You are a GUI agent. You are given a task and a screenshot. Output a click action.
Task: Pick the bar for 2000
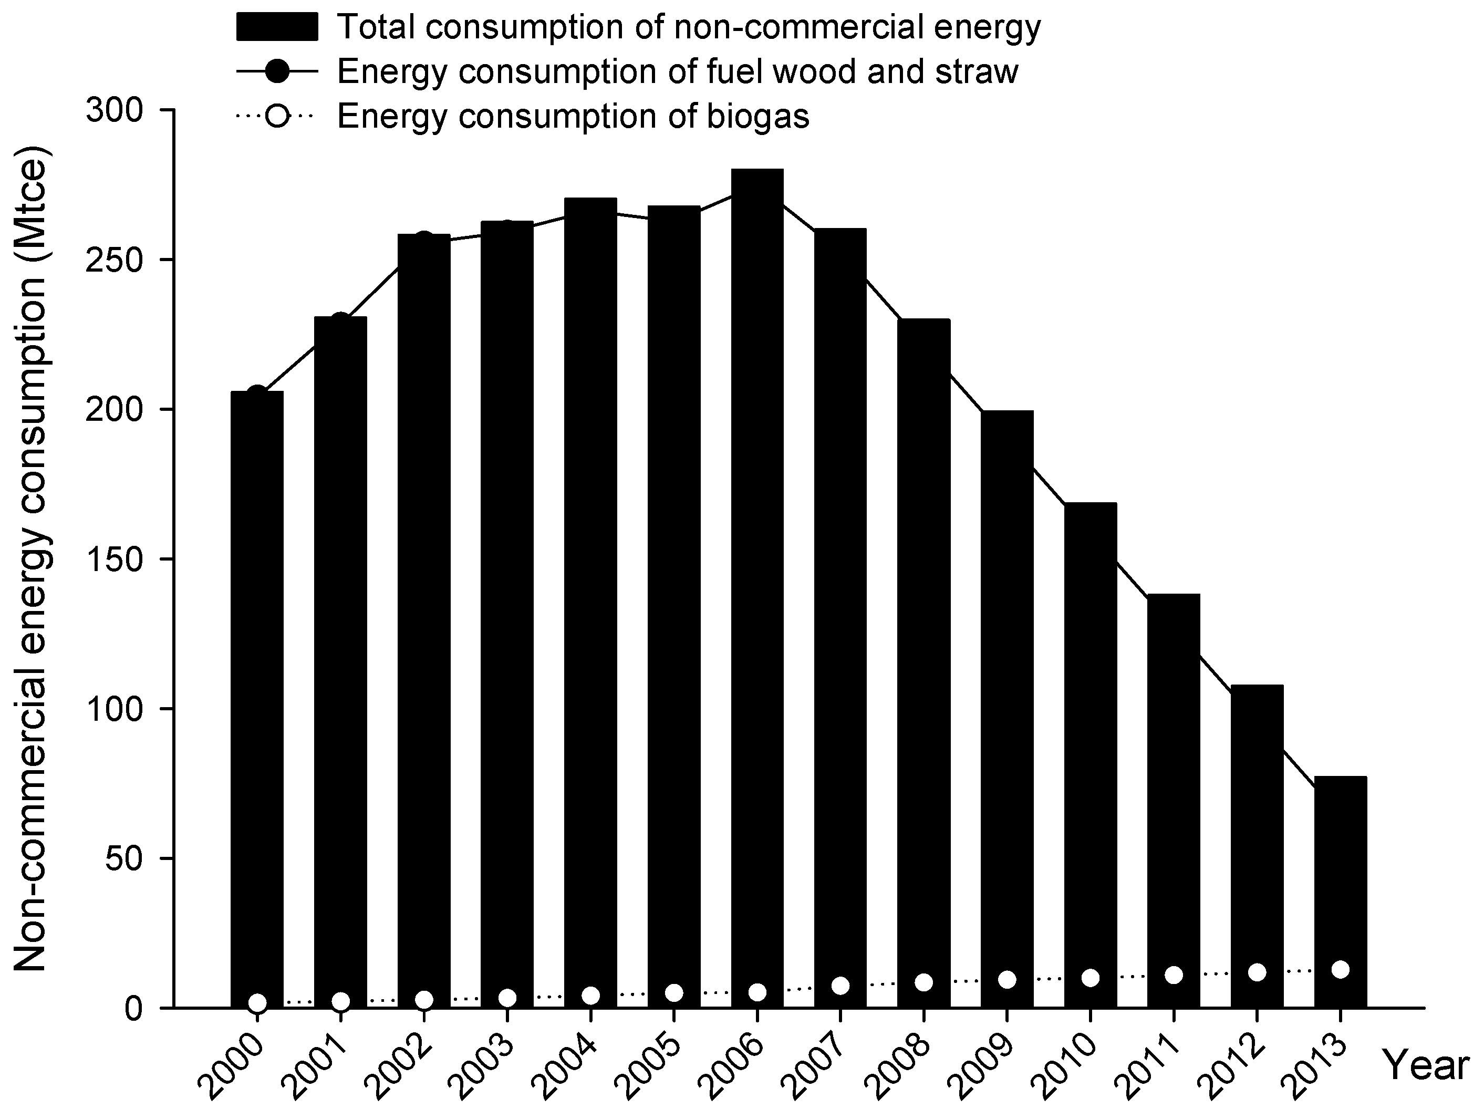pos(257,698)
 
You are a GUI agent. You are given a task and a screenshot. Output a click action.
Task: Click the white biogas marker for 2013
pos(1340,969)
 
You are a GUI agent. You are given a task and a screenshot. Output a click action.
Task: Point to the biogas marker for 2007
pos(840,986)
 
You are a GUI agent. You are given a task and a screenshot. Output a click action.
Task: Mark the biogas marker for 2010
pos(1090,978)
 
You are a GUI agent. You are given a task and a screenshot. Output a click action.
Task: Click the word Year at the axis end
pos(1426,1065)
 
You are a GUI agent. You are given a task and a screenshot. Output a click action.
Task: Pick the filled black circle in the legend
pos(277,72)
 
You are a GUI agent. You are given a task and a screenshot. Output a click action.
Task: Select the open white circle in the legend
pos(277,116)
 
